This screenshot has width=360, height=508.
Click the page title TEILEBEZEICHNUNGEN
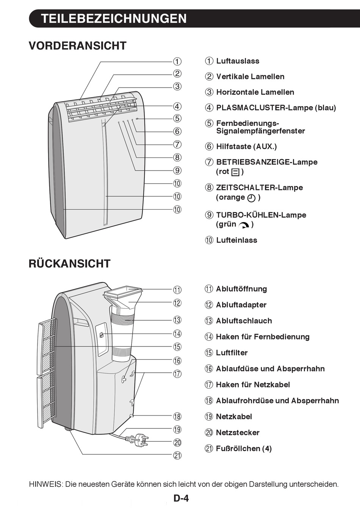tap(114, 19)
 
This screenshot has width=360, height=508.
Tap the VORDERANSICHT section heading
tap(77, 46)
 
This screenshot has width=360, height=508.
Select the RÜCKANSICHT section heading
tap(69, 263)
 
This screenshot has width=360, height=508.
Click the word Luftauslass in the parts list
tap(238, 61)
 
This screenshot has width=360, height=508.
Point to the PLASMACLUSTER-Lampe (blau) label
tap(276, 108)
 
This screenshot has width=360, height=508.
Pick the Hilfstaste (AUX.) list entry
tap(246, 146)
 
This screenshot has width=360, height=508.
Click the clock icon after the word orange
tap(251, 198)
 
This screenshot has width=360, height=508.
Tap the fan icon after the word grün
tap(244, 225)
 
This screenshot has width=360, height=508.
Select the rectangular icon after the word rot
tap(235, 172)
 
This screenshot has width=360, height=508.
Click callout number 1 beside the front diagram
tap(177, 61)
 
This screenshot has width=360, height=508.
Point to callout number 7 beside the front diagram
tap(177, 144)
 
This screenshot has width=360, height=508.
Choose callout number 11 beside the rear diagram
tap(177, 290)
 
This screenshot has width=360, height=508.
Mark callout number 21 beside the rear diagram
tap(177, 455)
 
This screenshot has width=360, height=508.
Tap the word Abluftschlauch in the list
tap(244, 321)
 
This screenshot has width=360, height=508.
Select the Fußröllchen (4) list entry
tap(244, 448)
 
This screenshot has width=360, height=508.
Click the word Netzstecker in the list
tap(238, 433)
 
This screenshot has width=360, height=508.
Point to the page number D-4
tap(181, 498)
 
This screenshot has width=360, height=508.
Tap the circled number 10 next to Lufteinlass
tap(209, 240)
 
